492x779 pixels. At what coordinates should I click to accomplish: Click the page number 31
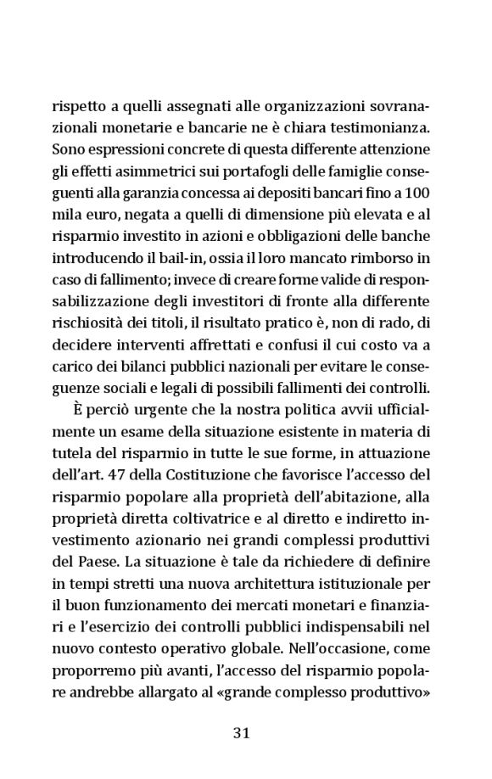coord(241,731)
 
